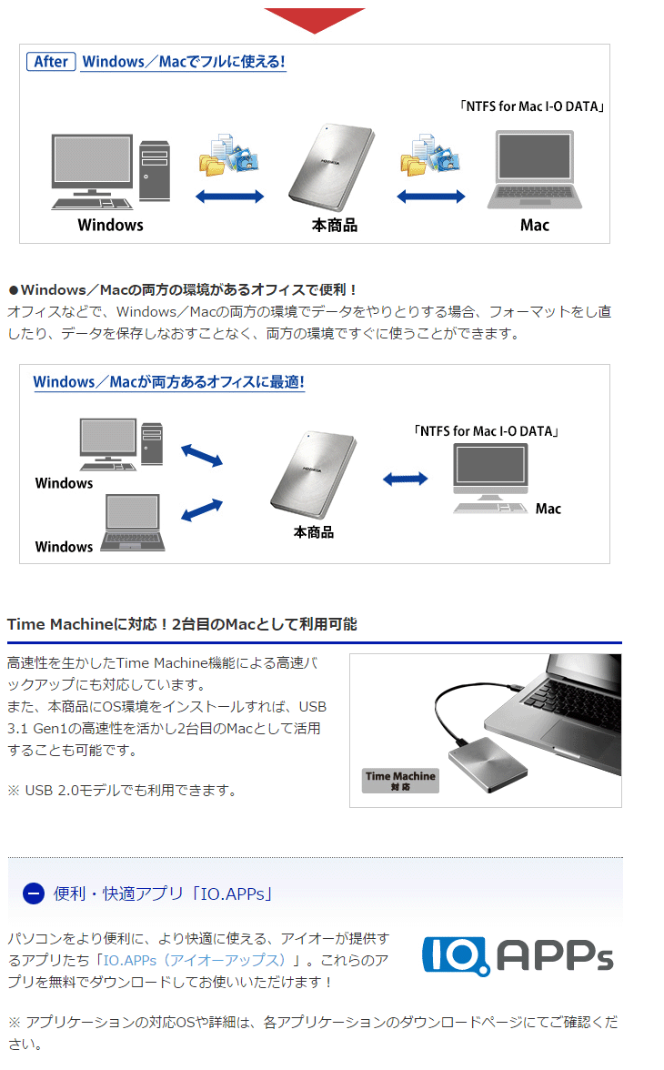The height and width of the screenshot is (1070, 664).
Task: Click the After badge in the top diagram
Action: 51,62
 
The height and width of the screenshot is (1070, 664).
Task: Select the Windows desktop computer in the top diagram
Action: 109,172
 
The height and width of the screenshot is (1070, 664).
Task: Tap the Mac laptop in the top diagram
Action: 534,170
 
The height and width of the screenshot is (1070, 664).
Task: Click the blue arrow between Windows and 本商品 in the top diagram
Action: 231,196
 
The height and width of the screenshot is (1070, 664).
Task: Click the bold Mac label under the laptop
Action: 535,225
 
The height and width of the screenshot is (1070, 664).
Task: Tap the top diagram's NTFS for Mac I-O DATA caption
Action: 533,106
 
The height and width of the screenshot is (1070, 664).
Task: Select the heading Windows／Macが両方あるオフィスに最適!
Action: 168,382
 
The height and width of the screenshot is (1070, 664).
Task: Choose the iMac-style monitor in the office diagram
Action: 490,478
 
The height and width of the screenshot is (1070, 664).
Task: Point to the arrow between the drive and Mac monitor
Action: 405,479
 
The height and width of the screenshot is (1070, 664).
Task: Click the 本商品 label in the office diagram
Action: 313,532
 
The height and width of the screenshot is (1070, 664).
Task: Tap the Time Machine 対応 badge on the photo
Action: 400,780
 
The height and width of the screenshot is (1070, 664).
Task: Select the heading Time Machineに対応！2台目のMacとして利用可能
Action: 182,624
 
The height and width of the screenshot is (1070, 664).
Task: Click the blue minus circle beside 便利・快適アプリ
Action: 33,893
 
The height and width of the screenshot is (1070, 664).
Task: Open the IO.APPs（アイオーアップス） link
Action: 195,961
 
